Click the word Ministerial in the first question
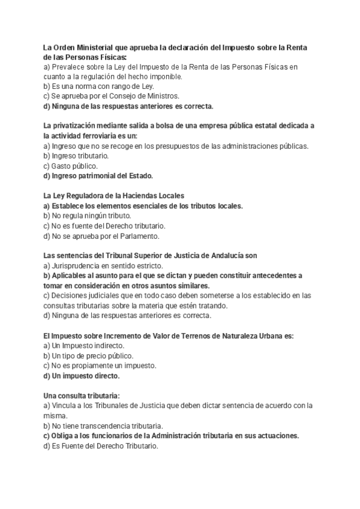(x=94, y=48)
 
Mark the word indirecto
(x=107, y=346)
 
